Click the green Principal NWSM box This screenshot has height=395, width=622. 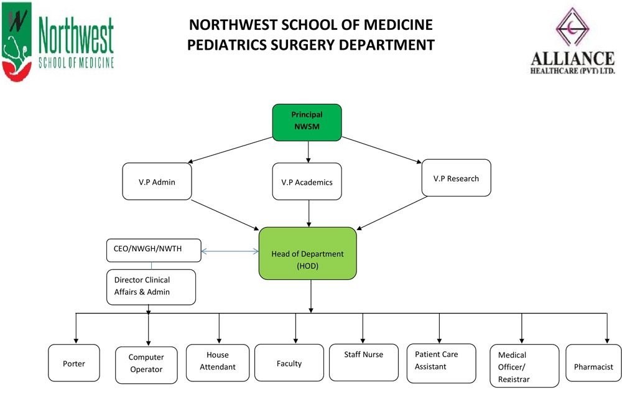(x=307, y=123)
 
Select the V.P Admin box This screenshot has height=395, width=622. (x=157, y=181)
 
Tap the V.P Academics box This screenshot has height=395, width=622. (x=307, y=181)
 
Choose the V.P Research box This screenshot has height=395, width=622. (x=456, y=178)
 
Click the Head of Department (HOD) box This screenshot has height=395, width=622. (x=307, y=253)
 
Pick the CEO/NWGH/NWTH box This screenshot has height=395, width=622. (x=154, y=250)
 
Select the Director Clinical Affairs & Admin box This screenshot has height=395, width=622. (x=151, y=287)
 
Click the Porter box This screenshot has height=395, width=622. (x=74, y=363)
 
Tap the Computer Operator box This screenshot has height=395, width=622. (x=146, y=365)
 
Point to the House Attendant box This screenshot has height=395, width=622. (x=218, y=363)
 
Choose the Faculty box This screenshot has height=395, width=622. (x=289, y=363)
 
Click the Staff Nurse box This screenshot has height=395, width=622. (x=364, y=363)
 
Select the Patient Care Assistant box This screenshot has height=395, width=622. (x=441, y=363)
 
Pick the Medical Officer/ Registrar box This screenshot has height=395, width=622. (x=524, y=366)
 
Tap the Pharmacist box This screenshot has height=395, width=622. (x=593, y=363)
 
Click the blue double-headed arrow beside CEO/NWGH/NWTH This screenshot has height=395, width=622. (x=230, y=251)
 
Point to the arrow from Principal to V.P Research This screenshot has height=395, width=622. (x=382, y=150)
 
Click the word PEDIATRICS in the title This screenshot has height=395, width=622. (x=226, y=45)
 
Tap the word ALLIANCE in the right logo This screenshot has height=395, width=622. (x=572, y=58)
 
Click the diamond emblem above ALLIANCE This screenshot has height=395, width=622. (x=572, y=27)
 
